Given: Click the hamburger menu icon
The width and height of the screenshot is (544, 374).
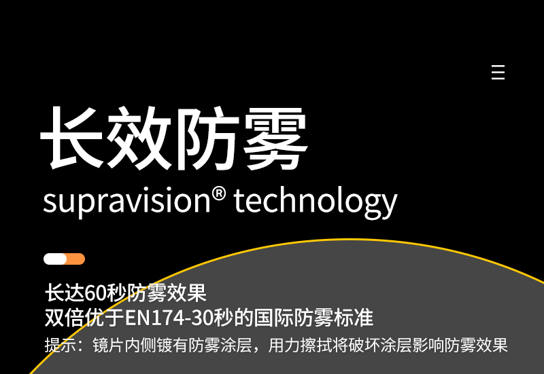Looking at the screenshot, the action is (x=498, y=72).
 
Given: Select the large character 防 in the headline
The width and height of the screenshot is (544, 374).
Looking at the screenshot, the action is (x=207, y=138).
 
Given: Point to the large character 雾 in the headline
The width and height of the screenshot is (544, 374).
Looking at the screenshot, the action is (x=275, y=138).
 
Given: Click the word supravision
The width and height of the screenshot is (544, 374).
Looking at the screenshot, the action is (x=126, y=202).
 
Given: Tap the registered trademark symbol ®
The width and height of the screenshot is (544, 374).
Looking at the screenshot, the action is (x=218, y=194).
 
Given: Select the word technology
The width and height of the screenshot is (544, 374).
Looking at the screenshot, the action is (x=316, y=202).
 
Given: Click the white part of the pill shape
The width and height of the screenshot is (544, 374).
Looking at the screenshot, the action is (x=55, y=259).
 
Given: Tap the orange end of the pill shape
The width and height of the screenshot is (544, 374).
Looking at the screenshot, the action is (x=76, y=259).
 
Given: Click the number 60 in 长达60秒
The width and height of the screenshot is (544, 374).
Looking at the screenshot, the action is (x=95, y=293).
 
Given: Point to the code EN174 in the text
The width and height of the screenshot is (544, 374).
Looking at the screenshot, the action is (x=155, y=318).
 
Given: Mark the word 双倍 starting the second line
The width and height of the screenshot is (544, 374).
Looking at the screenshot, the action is (x=65, y=318).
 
